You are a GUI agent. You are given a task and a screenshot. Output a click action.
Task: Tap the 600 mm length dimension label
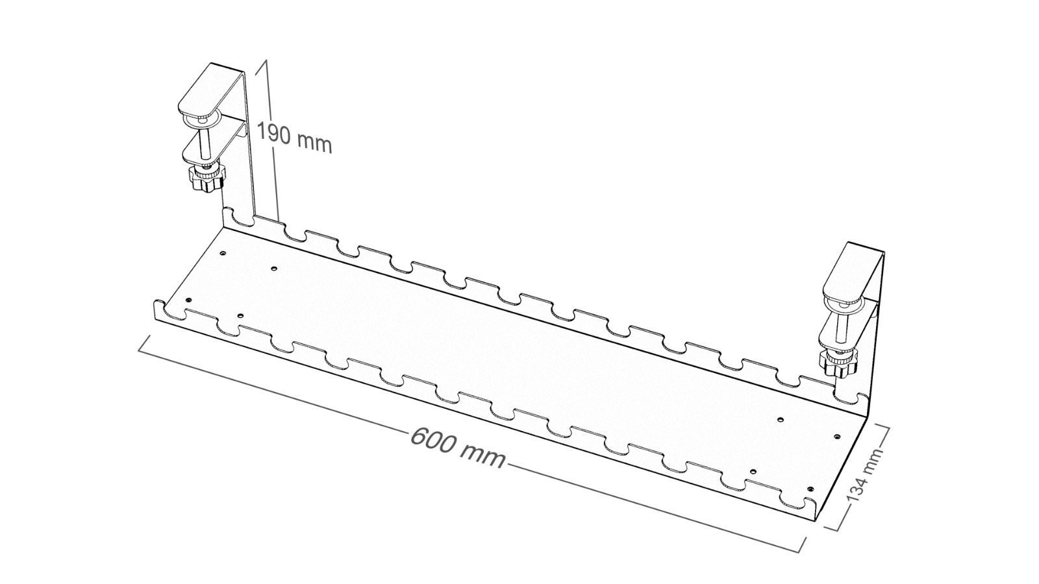coord(458,448)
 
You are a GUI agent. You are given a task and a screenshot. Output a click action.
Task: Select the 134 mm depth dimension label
coord(864,476)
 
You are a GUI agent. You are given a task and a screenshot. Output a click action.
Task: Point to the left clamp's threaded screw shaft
coord(204,143)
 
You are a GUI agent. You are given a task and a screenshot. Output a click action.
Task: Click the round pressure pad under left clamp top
coord(202,122)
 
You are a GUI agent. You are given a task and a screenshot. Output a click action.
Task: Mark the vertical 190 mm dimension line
coord(271,140)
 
